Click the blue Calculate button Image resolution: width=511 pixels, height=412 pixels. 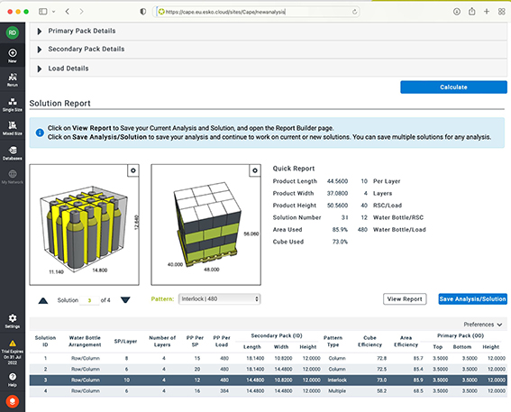point(453,87)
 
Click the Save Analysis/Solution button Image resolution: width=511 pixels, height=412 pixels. point(472,298)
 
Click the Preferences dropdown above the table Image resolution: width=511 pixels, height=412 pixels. point(482,324)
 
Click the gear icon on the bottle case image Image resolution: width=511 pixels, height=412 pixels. point(132,169)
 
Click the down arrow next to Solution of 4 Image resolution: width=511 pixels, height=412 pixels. point(125,299)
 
